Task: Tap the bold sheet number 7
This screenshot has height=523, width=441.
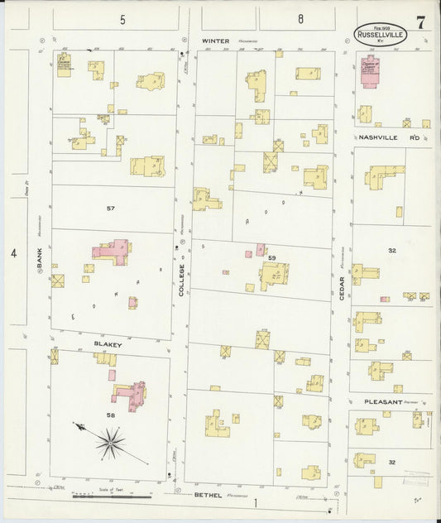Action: click(421, 22)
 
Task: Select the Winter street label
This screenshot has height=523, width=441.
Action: click(217, 40)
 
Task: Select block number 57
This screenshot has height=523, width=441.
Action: click(110, 208)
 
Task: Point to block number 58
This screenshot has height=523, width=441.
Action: click(110, 414)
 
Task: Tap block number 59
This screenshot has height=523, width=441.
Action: click(271, 258)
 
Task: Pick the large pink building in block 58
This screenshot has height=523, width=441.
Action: click(129, 395)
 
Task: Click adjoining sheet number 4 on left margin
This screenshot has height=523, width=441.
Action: click(13, 253)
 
